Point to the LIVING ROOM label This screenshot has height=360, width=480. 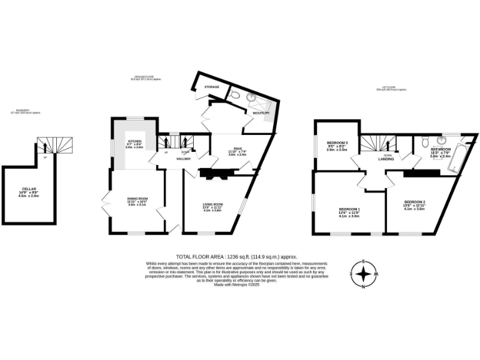pos(212,204)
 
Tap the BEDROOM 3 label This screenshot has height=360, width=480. pos(337,144)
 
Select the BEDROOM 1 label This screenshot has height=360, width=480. pos(349,209)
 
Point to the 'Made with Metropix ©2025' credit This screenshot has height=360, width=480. pos(236,285)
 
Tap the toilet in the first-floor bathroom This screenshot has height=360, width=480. pos(424,139)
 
